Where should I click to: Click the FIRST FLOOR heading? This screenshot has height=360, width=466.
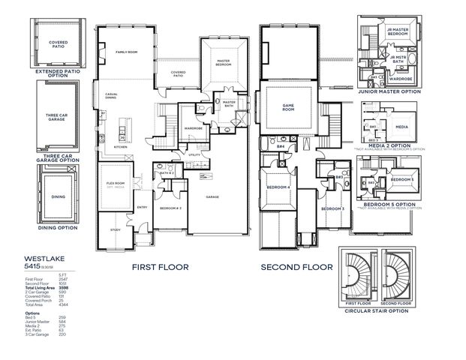(160, 266)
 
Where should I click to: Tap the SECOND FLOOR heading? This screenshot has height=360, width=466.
(296, 266)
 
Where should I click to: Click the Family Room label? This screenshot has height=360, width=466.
(127, 52)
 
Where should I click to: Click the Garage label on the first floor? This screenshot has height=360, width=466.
(213, 196)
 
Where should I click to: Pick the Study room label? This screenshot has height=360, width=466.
(115, 229)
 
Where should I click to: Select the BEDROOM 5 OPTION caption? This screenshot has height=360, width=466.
(389, 204)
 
